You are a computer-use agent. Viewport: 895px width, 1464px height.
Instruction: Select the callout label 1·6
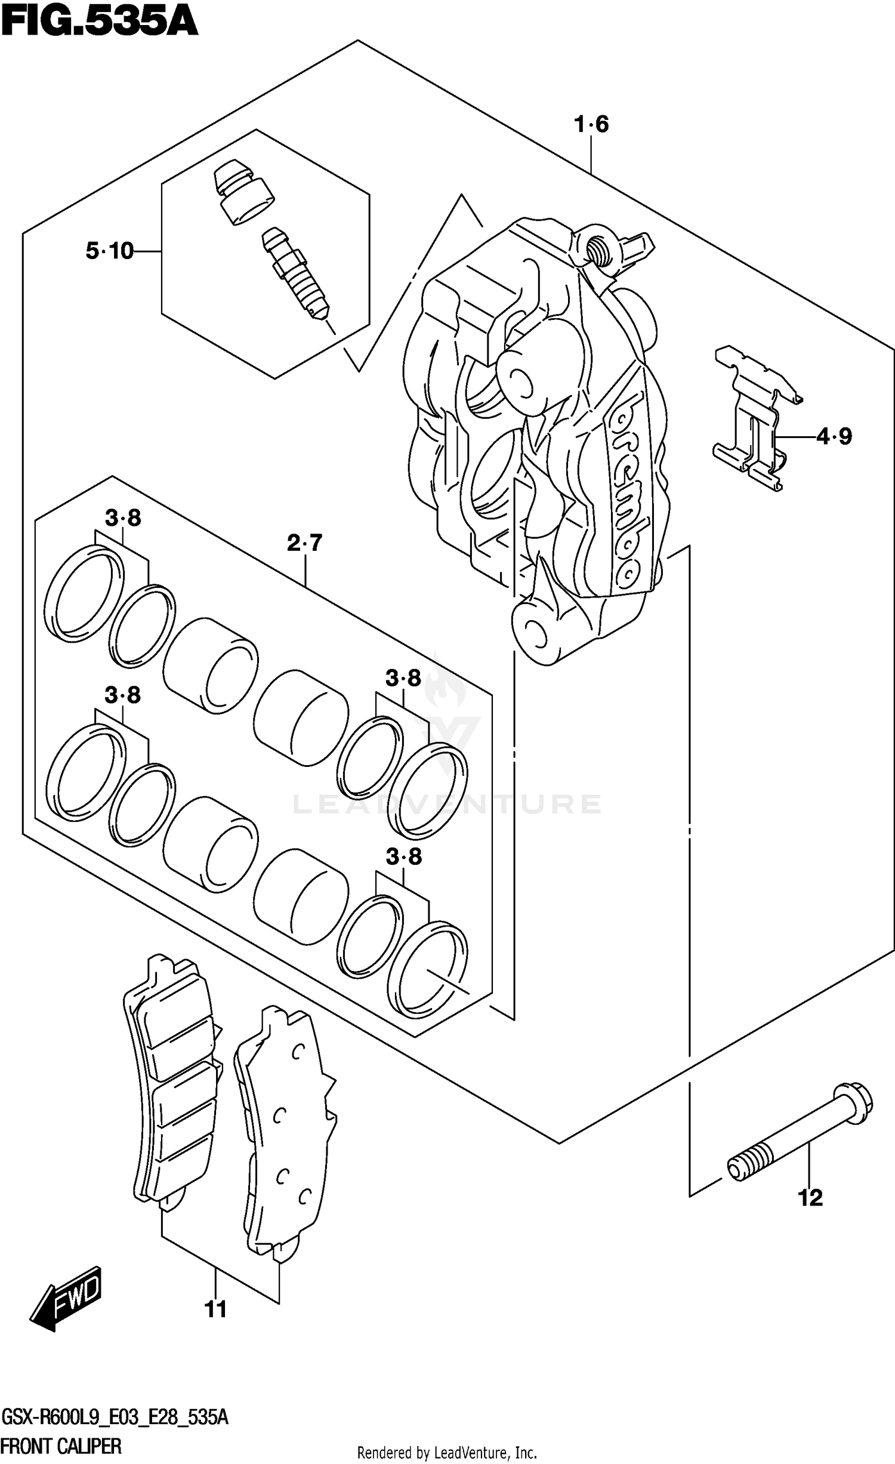[x=591, y=125]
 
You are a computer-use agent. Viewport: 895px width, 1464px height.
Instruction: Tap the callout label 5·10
[x=110, y=251]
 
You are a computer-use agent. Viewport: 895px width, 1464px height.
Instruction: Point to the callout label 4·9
[x=834, y=437]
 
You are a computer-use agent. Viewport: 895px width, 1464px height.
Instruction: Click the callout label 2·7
[x=304, y=543]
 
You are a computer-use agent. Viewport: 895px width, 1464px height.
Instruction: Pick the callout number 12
[x=810, y=1197]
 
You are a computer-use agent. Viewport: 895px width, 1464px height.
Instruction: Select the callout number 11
[x=215, y=1309]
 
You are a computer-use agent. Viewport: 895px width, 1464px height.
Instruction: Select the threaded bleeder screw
[x=295, y=274]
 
